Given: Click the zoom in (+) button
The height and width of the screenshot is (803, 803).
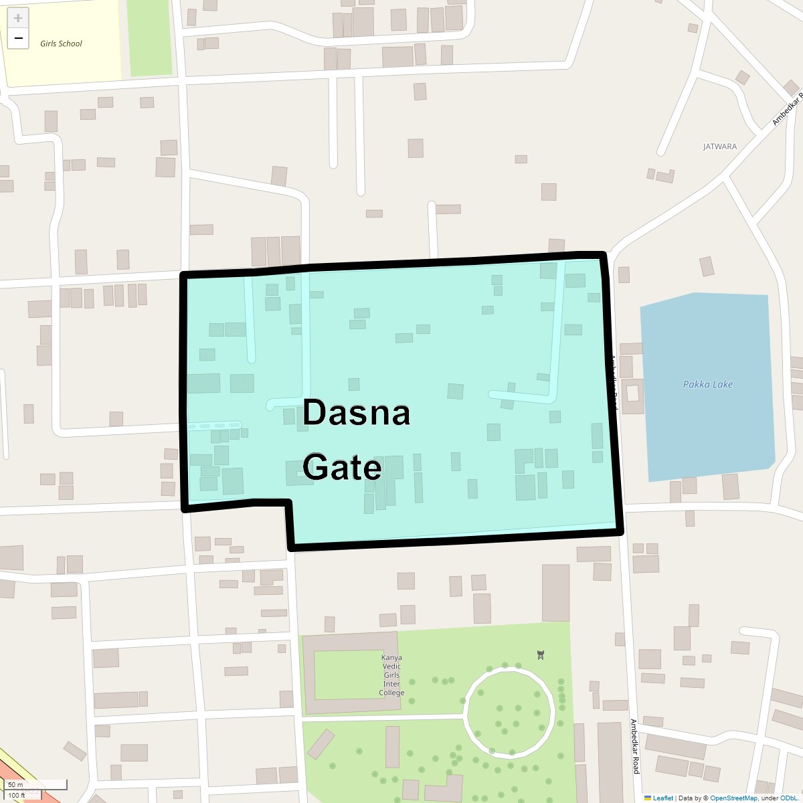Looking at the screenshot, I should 18,18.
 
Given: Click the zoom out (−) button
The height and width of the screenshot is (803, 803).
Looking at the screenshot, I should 18,38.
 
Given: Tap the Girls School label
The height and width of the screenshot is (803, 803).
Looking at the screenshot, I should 61,43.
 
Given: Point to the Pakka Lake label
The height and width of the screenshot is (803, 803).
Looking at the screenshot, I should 707,384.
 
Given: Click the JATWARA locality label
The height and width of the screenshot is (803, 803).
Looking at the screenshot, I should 719,146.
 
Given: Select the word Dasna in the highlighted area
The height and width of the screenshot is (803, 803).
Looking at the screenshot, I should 356,413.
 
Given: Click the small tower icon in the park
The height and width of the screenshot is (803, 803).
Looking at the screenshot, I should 540,654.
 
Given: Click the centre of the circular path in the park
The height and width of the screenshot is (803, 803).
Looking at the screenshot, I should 510,710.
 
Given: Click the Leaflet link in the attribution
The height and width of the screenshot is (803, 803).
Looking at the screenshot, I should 662,798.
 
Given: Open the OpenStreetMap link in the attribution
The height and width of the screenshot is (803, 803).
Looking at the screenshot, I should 733,798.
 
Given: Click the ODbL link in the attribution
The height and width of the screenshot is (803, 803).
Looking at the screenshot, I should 790,798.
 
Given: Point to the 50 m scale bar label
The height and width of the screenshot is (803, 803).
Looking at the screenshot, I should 15,784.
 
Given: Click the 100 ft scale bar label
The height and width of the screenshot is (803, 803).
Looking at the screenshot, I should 17,795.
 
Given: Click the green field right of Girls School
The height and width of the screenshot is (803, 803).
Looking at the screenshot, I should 149,37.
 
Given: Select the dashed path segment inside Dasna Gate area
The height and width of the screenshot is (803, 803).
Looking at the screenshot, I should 214,426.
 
